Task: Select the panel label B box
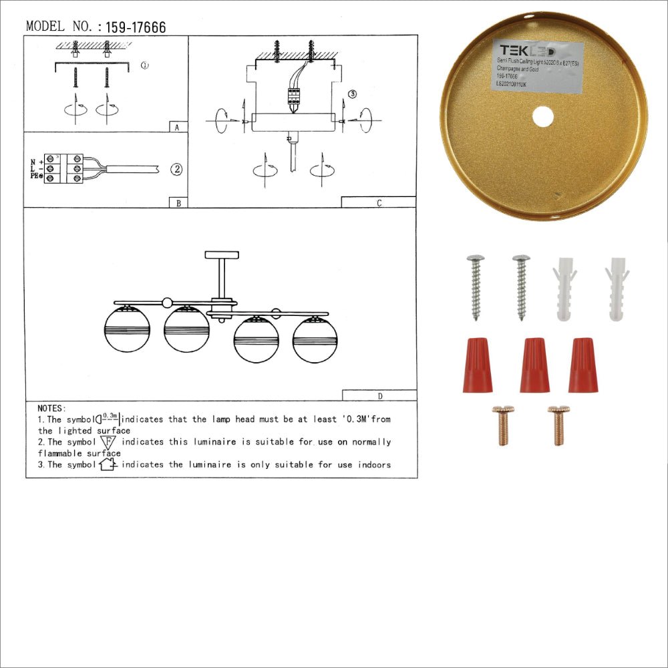(178, 202)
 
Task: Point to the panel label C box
(379, 202)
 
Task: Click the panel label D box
(379, 395)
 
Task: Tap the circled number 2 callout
(176, 169)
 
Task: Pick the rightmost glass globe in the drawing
(315, 339)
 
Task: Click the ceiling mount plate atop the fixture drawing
(222, 255)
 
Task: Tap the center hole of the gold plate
(543, 117)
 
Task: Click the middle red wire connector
(534, 365)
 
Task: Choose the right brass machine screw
(558, 425)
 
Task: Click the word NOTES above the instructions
(51, 408)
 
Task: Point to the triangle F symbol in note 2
(108, 442)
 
